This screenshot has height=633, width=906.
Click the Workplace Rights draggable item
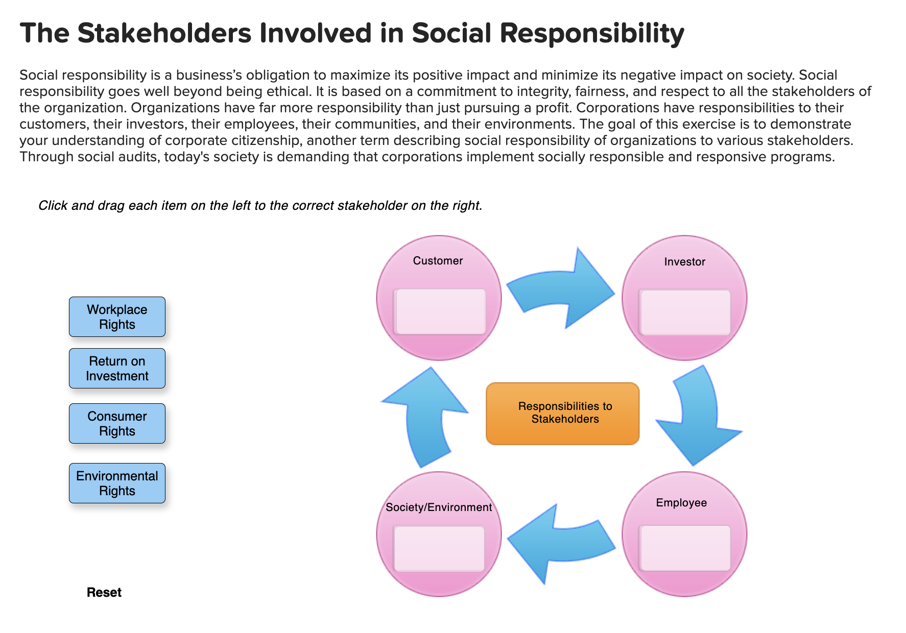click(x=117, y=317)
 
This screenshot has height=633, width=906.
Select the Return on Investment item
click(x=117, y=369)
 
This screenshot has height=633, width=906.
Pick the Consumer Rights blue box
click(x=117, y=424)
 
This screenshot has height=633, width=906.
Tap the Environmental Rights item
click(x=117, y=483)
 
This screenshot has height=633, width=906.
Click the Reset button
click(x=104, y=592)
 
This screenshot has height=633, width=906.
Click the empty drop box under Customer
click(x=440, y=312)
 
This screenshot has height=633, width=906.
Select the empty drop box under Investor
click(x=685, y=312)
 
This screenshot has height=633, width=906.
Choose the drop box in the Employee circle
click(x=685, y=548)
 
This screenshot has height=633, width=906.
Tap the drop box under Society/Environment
click(x=439, y=549)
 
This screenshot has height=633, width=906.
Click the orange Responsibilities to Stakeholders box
click(x=562, y=413)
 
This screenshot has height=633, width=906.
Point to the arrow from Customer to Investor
click(x=562, y=291)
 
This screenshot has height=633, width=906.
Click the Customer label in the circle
click(x=438, y=261)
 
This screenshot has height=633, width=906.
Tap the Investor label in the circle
click(x=684, y=262)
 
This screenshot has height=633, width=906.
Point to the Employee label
click(x=681, y=503)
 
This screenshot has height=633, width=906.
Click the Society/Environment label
click(x=439, y=507)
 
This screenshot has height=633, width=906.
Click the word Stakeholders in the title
click(x=164, y=33)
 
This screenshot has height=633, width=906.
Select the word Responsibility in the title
click(x=592, y=33)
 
